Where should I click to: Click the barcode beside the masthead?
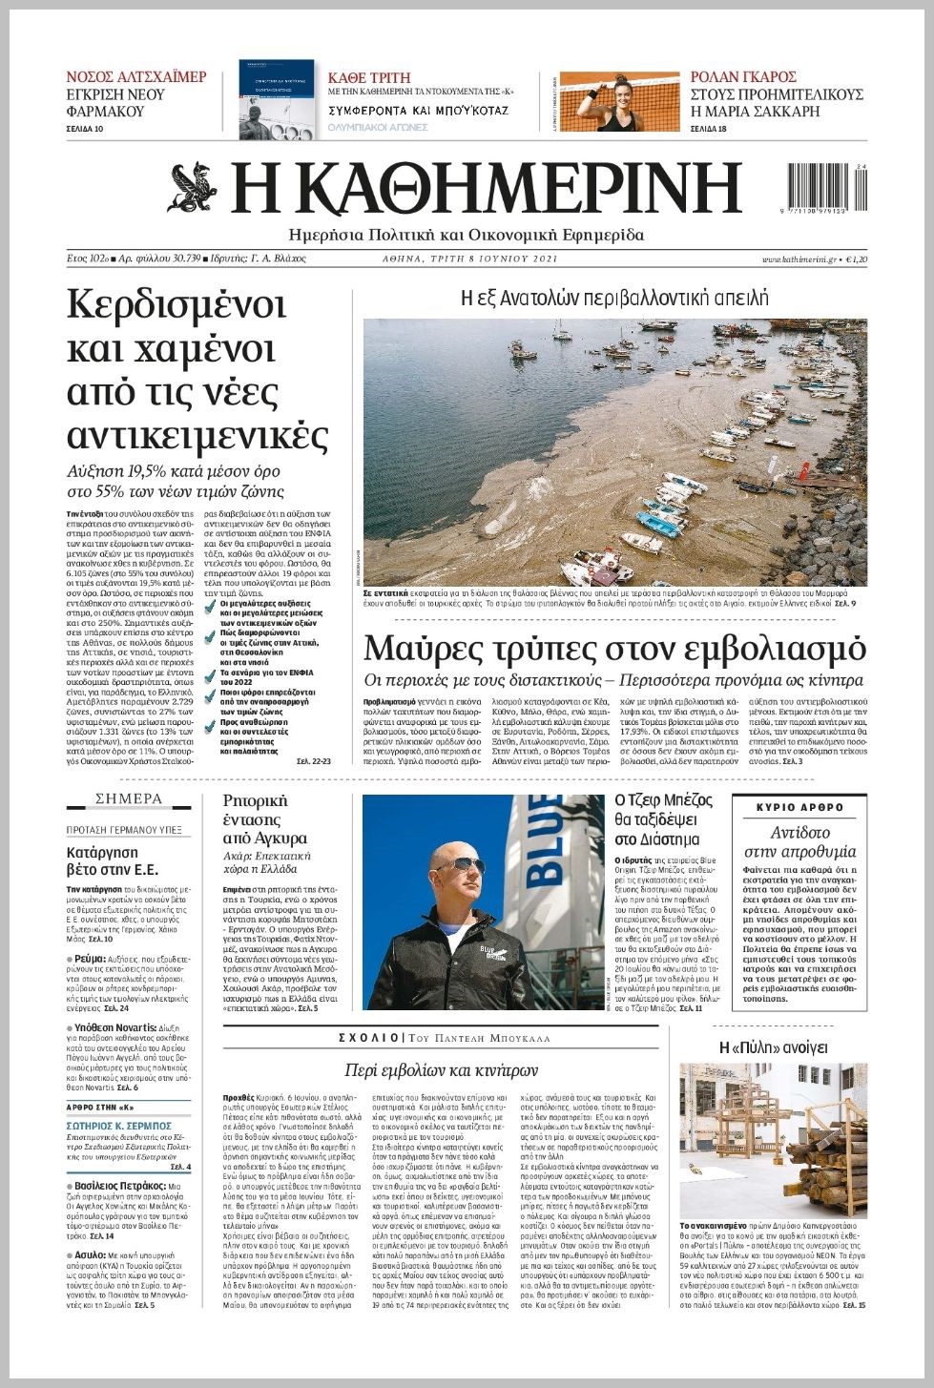tap(826, 188)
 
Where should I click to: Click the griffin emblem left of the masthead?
tap(196, 188)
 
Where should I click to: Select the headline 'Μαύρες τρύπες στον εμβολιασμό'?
tap(614, 649)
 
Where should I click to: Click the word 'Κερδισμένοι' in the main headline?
tap(176, 306)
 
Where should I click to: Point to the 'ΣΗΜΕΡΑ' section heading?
tap(129, 798)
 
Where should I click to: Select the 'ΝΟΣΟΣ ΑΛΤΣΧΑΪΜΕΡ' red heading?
tap(136, 76)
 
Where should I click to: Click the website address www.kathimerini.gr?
tap(799, 259)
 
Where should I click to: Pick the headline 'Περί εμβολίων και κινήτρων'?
tap(441, 1069)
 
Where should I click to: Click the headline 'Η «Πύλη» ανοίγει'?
tap(773, 1047)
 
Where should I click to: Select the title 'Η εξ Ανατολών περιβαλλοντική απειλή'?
tap(614, 299)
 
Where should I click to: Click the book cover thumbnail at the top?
tap(276, 100)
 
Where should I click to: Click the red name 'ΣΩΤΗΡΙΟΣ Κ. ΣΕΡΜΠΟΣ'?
tap(119, 1127)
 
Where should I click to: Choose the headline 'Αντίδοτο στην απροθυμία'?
tap(799, 841)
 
